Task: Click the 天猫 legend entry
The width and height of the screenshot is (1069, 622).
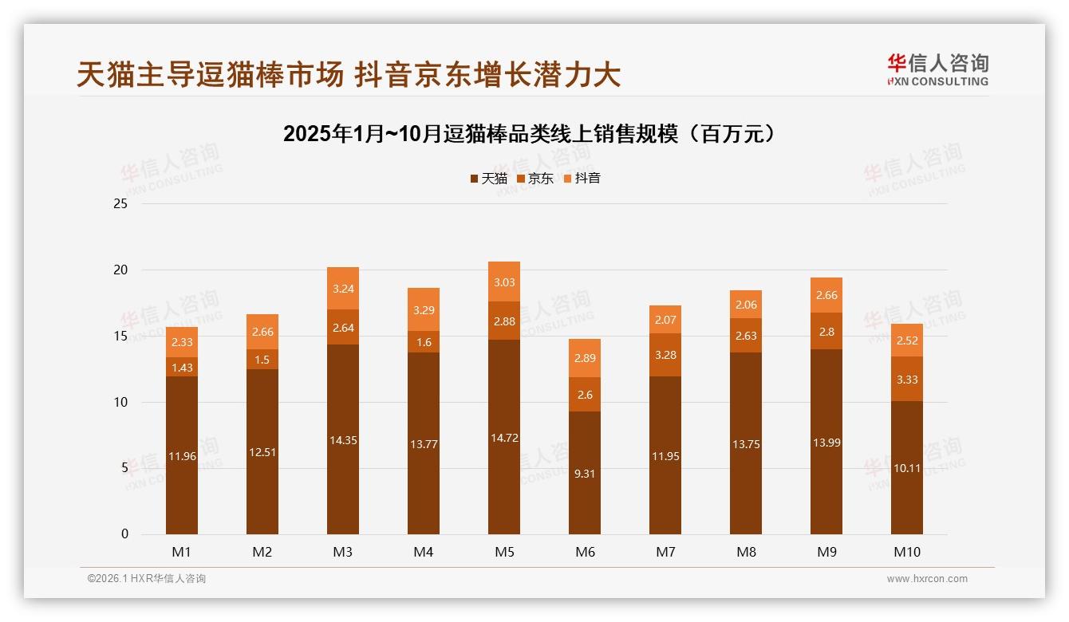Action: (488, 179)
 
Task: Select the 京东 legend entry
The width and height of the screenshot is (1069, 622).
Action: (535, 179)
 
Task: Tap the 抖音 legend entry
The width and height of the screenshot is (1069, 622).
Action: (582, 179)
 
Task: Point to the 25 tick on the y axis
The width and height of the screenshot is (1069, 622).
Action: (120, 204)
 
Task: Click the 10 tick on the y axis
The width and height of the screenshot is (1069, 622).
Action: (120, 402)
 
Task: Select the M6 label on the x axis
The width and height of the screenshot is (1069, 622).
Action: (585, 552)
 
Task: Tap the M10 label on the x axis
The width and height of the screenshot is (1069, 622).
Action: (906, 552)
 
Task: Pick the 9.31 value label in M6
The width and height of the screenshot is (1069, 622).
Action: (585, 473)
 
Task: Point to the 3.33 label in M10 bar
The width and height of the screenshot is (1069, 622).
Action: (907, 380)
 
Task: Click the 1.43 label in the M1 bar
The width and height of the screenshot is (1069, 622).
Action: (182, 368)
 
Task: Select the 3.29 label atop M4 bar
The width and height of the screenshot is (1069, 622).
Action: (424, 310)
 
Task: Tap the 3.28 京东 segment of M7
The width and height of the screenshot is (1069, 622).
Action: (665, 355)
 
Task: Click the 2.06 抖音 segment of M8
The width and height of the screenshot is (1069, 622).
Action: (746, 305)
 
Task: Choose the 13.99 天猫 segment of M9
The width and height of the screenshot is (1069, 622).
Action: (826, 443)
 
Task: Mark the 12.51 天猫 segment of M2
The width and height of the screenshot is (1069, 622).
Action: (262, 452)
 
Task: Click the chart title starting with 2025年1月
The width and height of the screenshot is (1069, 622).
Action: (529, 133)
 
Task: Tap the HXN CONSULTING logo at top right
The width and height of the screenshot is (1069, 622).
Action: (937, 70)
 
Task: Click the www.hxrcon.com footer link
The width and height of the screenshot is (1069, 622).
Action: (927, 579)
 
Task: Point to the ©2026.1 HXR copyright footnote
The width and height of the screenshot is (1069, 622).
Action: (147, 579)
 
